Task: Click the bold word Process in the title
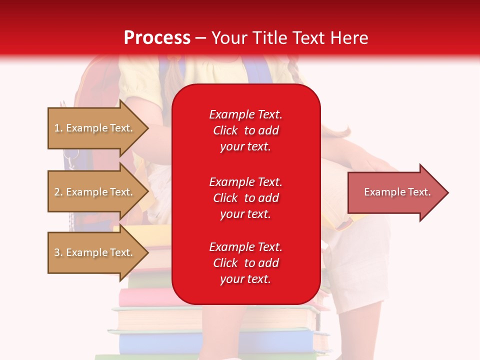tap(157, 38)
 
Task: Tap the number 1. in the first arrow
tap(58, 128)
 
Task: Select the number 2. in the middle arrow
tap(58, 192)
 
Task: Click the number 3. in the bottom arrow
tap(58, 252)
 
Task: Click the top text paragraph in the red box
tap(245, 130)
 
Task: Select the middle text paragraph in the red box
tap(245, 198)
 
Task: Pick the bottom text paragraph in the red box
tap(245, 263)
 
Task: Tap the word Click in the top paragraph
tap(225, 130)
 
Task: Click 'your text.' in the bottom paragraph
tap(245, 279)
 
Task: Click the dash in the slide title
tap(201, 38)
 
